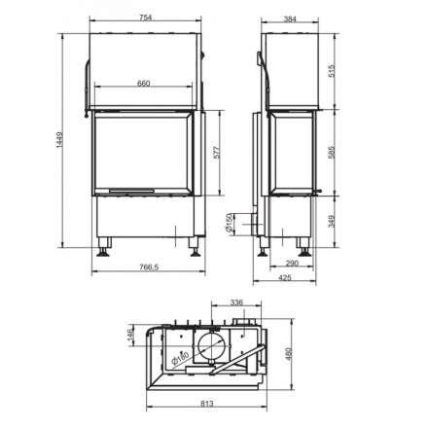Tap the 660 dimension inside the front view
pos(143,85)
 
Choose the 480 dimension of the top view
pos(285,353)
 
